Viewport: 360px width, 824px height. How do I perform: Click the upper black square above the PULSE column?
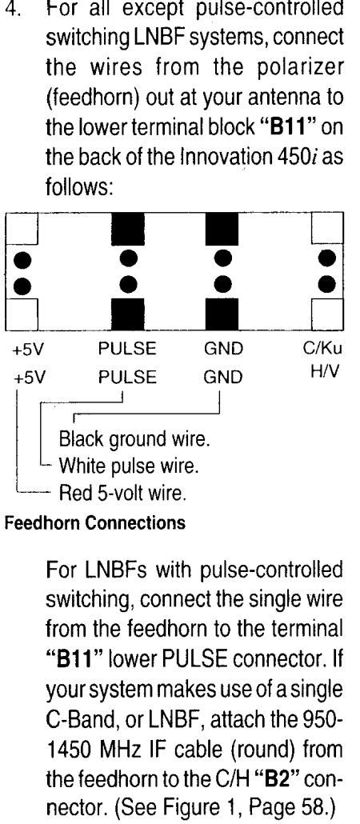pyautogui.click(x=128, y=229)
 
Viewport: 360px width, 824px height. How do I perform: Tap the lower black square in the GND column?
pyautogui.click(x=222, y=314)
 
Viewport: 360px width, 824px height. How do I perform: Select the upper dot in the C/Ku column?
pyautogui.click(x=327, y=258)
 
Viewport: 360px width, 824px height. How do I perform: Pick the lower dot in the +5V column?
pyautogui.click(x=22, y=286)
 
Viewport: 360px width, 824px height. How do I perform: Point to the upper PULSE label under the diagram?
pyautogui.click(x=127, y=349)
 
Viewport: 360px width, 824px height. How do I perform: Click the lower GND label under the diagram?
pyautogui.click(x=223, y=378)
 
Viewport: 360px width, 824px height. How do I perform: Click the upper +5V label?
pyautogui.click(x=27, y=350)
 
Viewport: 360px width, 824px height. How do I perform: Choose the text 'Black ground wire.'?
pyautogui.click(x=134, y=439)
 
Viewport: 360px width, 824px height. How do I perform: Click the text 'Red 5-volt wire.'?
pyautogui.click(x=122, y=493)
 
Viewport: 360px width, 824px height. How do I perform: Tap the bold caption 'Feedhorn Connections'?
pyautogui.click(x=95, y=523)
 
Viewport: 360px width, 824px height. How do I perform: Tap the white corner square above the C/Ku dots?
pyautogui.click(x=327, y=229)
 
